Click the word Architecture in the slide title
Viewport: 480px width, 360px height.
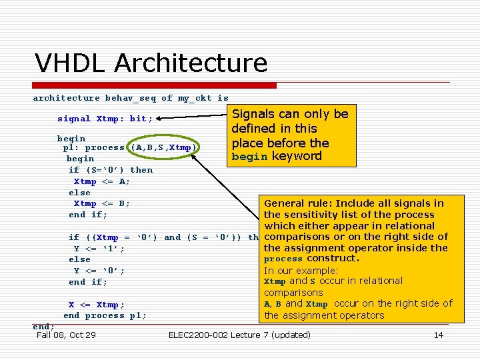point(191,63)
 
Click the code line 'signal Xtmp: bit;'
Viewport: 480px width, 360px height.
point(105,119)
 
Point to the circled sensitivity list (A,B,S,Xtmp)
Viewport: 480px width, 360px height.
point(163,147)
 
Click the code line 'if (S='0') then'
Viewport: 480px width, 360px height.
point(111,170)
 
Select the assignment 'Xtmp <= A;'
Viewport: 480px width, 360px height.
point(102,181)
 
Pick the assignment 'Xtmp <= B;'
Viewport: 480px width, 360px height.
point(102,203)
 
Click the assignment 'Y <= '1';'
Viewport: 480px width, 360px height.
point(99,248)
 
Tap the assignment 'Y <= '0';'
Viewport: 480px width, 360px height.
point(99,271)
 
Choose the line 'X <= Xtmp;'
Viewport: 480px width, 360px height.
point(97,305)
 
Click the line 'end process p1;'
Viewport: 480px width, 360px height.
point(105,315)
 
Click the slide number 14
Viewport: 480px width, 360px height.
point(438,335)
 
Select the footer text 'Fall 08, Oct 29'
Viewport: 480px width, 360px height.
point(66,335)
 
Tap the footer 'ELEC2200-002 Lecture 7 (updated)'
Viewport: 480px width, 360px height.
point(240,335)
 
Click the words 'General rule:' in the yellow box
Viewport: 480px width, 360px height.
point(298,203)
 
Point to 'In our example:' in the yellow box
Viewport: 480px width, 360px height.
point(301,270)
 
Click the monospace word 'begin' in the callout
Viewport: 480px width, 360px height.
point(250,157)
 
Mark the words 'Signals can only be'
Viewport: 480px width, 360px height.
point(290,114)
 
